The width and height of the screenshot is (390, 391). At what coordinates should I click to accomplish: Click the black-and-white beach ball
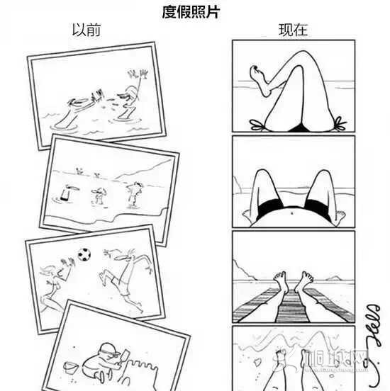85,252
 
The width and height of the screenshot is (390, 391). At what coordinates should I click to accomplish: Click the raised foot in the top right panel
256,70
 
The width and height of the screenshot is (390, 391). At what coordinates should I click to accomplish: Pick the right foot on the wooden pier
307,277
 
